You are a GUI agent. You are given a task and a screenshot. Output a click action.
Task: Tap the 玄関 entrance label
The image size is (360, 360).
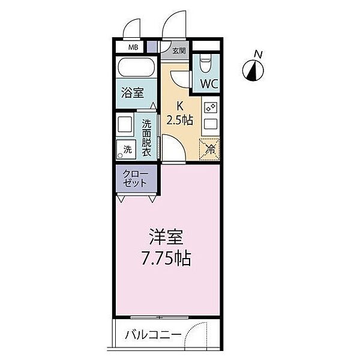click(179, 51)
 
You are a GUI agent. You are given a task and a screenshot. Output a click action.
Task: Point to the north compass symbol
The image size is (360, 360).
click(254, 71)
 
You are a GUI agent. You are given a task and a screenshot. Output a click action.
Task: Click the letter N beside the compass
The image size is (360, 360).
click(259, 55)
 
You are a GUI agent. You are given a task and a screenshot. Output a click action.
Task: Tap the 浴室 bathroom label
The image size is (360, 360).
click(131, 94)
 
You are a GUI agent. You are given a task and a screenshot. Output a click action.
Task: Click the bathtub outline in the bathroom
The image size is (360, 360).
click(136, 67)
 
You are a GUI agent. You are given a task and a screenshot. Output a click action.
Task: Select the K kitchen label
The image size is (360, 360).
click(179, 107)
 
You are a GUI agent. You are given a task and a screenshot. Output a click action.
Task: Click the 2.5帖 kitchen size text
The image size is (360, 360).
click(179, 120)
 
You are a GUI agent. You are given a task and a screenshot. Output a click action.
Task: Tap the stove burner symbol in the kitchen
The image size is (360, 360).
click(211, 107)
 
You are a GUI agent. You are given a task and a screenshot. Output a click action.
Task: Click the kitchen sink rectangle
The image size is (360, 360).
click(211, 125)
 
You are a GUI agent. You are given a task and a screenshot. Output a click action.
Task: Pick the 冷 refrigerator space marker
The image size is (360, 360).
click(210, 149)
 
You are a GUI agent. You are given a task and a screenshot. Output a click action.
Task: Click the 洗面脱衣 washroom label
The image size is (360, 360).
click(146, 138)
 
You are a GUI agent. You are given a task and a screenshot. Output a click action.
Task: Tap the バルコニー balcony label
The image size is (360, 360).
click(152, 335)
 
